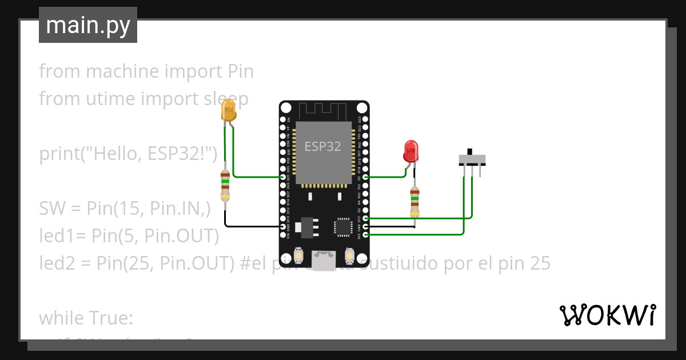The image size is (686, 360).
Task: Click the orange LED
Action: coord(229,110)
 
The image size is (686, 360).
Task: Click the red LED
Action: coord(410,151)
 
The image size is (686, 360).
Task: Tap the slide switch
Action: coord(473,158)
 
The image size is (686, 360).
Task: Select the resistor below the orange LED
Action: coord(225,185)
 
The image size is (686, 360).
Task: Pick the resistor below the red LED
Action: coord(415,201)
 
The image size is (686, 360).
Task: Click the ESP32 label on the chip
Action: coord(323,146)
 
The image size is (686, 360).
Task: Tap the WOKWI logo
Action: coord(607,315)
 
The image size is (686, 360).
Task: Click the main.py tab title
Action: coord(88,25)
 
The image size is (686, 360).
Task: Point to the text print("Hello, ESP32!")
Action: coord(129,154)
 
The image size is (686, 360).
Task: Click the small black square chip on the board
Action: coord(344,226)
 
